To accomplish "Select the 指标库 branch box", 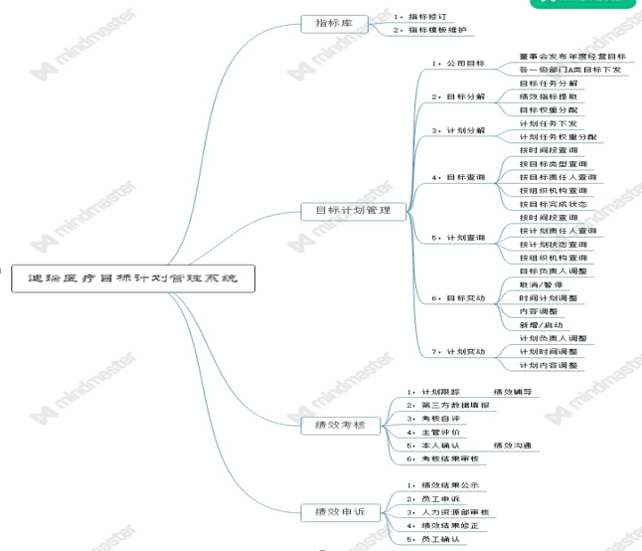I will pyautogui.click(x=333, y=23).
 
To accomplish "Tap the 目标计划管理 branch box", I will pyautogui.click(x=353, y=211).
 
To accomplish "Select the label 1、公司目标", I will pyautogui.click(x=458, y=63).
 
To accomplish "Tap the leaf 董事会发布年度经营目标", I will pyautogui.click(x=572, y=57).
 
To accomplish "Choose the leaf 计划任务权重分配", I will pyautogui.click(x=559, y=136).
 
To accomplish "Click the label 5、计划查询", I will pyautogui.click(x=458, y=238).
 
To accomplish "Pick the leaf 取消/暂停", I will pyautogui.click(x=541, y=284).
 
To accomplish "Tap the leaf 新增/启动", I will pyautogui.click(x=541, y=324).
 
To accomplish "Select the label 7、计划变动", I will pyautogui.click(x=458, y=352).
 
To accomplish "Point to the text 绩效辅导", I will pyautogui.click(x=513, y=392).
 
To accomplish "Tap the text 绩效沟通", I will pyautogui.click(x=513, y=445).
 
